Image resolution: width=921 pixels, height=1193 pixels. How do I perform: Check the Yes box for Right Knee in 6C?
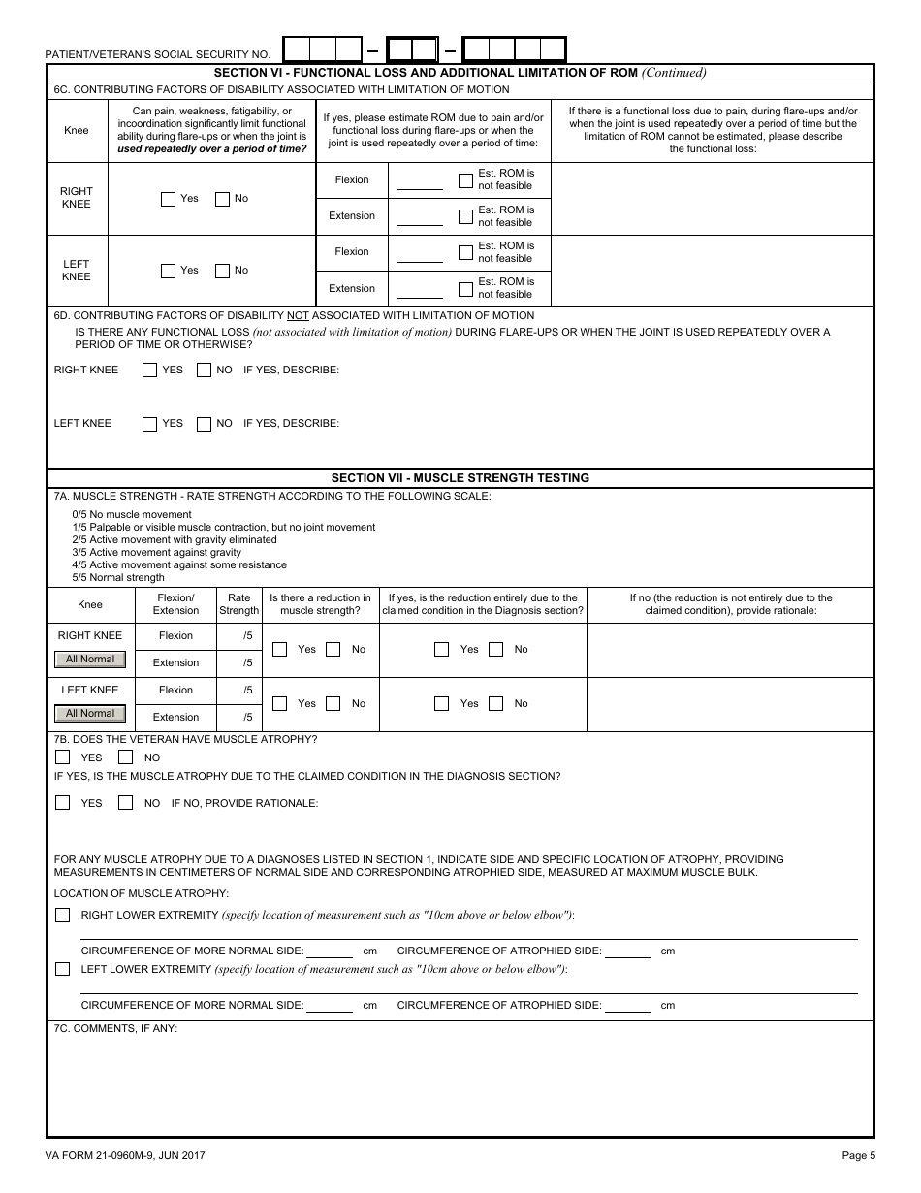(x=169, y=199)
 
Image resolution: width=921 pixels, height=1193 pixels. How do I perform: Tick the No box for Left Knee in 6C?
(x=222, y=271)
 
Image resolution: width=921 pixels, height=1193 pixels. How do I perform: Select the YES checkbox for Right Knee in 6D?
(x=150, y=370)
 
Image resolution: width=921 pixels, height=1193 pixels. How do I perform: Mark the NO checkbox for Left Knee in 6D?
(x=204, y=424)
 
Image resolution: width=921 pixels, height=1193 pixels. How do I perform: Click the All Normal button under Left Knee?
(x=90, y=714)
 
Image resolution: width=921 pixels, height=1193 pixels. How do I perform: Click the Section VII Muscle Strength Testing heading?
(x=460, y=478)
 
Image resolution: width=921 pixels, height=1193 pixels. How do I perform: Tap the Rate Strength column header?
(x=238, y=604)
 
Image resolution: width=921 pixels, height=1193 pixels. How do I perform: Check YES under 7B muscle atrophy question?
(x=63, y=758)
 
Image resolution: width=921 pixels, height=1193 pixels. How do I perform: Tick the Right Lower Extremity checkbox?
(x=63, y=915)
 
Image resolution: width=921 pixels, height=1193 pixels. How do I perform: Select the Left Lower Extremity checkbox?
(x=63, y=969)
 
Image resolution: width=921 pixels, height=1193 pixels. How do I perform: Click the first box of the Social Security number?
(x=297, y=49)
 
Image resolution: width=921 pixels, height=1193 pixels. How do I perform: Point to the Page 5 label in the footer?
(x=858, y=1155)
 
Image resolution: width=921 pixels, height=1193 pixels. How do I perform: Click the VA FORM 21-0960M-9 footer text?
(x=124, y=1155)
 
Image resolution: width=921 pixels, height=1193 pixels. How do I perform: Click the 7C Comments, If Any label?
(x=115, y=1027)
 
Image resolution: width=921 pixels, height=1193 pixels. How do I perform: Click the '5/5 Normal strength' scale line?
(x=118, y=577)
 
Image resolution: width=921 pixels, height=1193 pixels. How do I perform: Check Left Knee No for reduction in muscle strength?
(x=333, y=703)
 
